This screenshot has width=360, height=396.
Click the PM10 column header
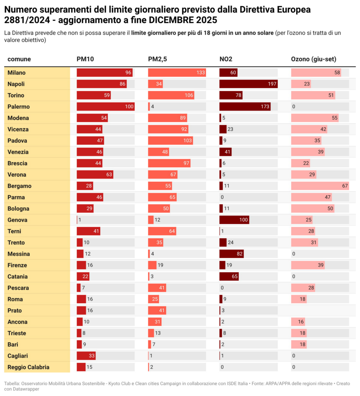85,59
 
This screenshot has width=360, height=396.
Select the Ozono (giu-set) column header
313,59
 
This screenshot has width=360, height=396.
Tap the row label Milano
17,73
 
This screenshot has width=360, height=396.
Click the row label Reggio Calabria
28,367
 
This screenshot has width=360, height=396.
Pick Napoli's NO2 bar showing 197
248,84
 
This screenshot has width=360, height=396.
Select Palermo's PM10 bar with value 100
106,107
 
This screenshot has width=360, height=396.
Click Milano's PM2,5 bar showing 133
177,73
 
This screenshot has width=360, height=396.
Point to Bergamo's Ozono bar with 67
320,186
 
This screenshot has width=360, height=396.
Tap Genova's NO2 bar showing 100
234,220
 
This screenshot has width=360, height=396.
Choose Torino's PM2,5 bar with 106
171,96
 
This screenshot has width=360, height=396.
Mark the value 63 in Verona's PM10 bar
109,175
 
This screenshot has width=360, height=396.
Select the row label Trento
16,243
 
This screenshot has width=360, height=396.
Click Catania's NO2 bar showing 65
229,277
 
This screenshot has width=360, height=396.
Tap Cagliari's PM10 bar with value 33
86,356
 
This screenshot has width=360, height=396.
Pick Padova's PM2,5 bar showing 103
170,141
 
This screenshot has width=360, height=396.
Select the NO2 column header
226,59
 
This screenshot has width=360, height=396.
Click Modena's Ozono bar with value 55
315,118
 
